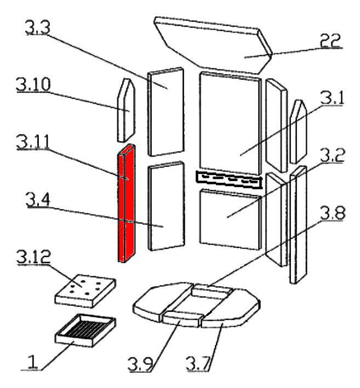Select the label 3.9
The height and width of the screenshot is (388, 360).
[141, 363]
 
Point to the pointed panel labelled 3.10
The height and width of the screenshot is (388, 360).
[125, 109]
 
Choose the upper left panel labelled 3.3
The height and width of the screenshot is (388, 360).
[165, 112]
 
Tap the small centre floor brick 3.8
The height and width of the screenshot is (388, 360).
[211, 291]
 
